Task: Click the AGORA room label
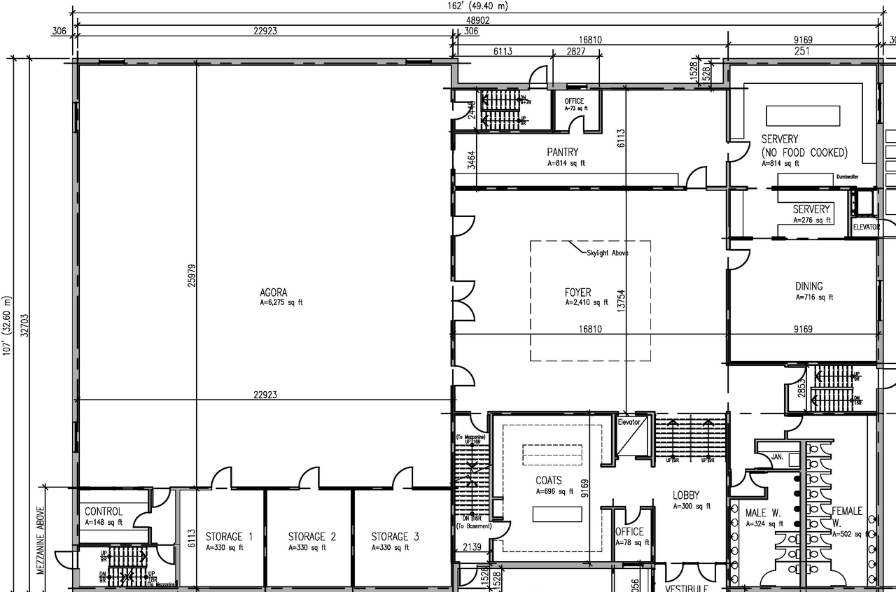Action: pos(273,293)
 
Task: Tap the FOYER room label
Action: pos(577,293)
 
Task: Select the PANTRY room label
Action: pos(563,152)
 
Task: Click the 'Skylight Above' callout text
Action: pos(607,253)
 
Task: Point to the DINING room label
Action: pos(808,286)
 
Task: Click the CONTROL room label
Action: pos(104,512)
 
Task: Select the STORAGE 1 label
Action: pos(229,537)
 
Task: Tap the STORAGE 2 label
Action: pos(312,537)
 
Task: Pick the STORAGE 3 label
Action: pos(395,537)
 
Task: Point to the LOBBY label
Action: pos(686,495)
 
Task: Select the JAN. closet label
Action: pos(777,456)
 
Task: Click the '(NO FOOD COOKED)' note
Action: pos(804,153)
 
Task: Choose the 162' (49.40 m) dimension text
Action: pos(478,6)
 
